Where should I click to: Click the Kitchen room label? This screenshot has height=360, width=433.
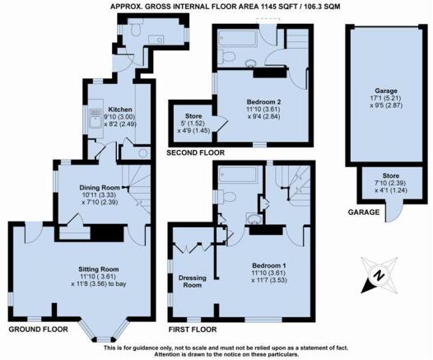pos(120,110)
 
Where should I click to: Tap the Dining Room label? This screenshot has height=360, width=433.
pos(100,188)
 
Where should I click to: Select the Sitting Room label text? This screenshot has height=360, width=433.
pos(99,269)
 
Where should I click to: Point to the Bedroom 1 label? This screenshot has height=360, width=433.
pos(269,266)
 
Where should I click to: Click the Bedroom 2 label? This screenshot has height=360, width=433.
pos(263,101)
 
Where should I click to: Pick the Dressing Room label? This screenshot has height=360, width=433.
pos(193,282)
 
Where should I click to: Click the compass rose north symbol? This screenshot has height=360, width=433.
pos(379,275)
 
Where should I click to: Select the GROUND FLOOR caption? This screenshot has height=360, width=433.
pos(38,330)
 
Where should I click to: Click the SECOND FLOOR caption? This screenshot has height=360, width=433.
pos(196,152)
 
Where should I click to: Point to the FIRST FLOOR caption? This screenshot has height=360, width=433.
pos(193,330)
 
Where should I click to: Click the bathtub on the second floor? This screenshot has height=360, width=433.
pos(237,37)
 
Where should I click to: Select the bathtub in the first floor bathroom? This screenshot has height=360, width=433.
pos(239,175)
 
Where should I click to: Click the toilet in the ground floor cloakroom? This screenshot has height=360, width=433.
pos(136,28)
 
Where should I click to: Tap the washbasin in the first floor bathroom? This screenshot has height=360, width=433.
pos(254,219)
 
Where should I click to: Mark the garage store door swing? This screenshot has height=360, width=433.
pos(394,213)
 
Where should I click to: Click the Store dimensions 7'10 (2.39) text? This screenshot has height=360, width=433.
pos(391,183)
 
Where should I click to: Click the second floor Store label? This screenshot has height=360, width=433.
pos(193,116)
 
